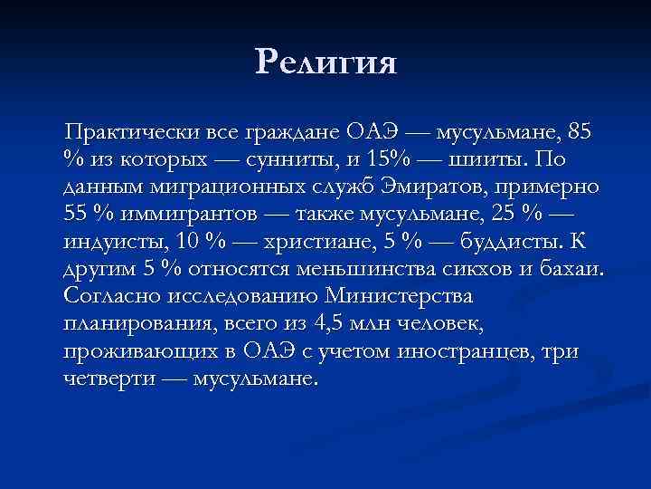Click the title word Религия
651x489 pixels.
point(325,62)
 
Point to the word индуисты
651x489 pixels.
point(109,244)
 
